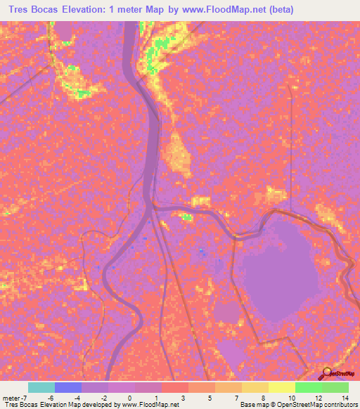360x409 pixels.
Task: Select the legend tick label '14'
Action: click(345, 398)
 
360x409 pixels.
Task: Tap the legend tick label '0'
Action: click(122, 398)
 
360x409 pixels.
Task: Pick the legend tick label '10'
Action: click(292, 398)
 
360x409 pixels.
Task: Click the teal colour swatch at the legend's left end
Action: click(41, 388)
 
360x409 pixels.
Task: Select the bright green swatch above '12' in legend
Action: click(309, 388)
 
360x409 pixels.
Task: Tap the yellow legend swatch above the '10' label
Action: click(282, 388)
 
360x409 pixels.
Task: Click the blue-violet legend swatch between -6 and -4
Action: click(68, 388)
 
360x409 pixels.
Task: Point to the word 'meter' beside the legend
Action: click(11, 398)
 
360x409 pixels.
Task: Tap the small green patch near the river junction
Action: click(187, 218)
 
